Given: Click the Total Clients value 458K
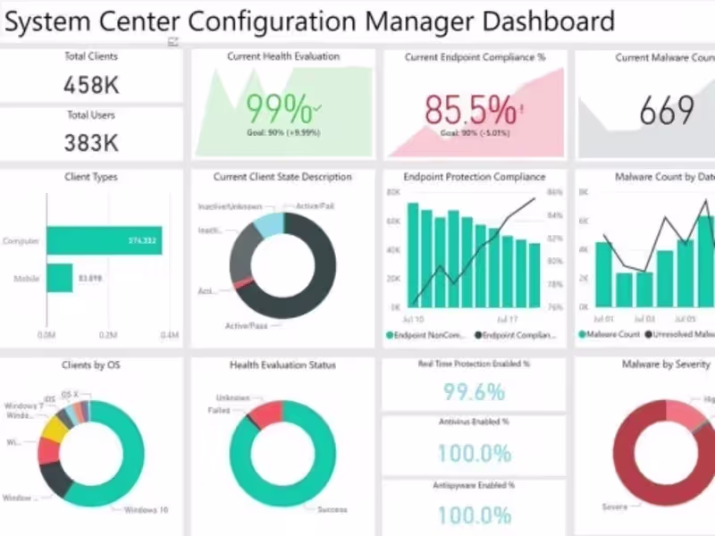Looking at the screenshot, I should click(x=91, y=85).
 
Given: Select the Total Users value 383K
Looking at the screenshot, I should click(x=91, y=143).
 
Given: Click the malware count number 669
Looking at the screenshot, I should click(x=667, y=111).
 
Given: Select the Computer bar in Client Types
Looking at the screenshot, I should click(x=105, y=240).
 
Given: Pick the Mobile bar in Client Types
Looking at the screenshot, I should click(x=60, y=278).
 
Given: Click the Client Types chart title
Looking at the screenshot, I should click(x=91, y=177).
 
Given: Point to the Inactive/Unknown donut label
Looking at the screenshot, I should click(x=230, y=206).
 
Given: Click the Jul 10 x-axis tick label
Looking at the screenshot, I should click(x=414, y=319).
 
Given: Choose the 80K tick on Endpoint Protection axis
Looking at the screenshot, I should click(x=392, y=192).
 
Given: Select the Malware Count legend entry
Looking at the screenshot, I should click(x=612, y=335).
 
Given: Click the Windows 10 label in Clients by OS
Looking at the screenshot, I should click(x=146, y=510).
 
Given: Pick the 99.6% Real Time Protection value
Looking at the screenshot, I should click(x=474, y=391).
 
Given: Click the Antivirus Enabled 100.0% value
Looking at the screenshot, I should click(x=474, y=452).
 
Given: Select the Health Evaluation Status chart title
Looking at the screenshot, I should click(x=282, y=364).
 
